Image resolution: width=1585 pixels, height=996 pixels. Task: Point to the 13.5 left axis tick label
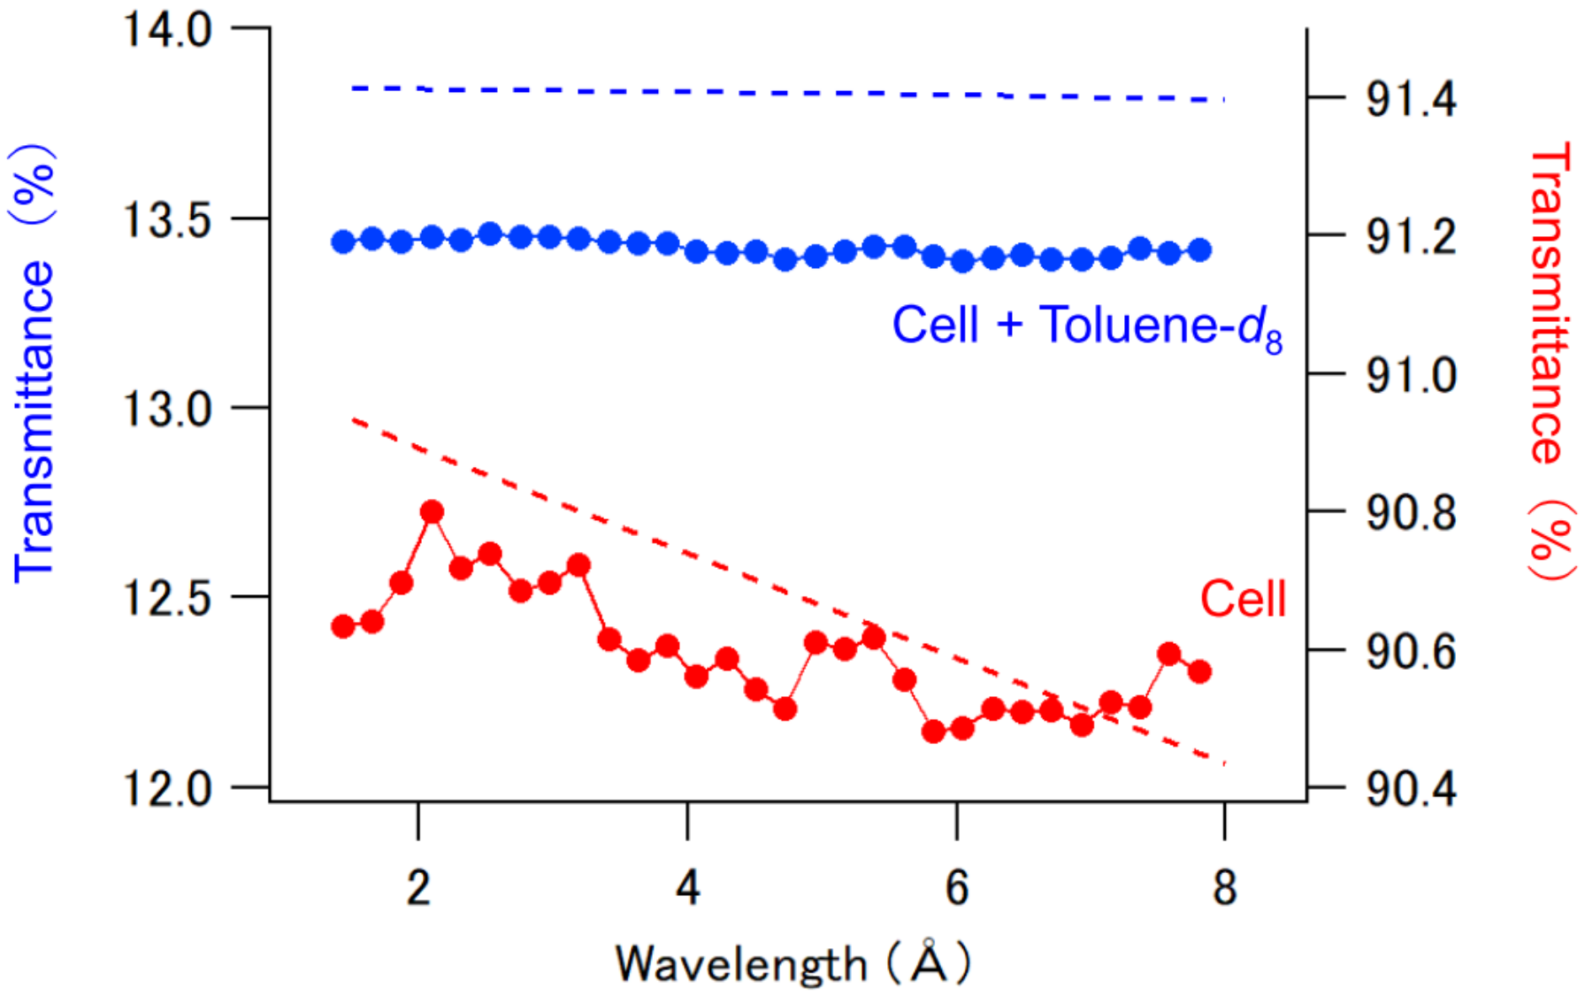pos(167,219)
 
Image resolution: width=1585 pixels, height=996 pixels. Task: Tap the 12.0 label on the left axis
pos(167,787)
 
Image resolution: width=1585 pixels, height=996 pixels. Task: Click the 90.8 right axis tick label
pos(1411,512)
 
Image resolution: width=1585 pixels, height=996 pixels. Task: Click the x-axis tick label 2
pos(418,886)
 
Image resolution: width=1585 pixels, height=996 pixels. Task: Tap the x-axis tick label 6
pos(956,886)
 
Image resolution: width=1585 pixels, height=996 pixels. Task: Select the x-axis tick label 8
pos(1224,886)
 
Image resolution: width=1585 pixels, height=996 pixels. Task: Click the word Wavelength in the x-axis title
pos(741,964)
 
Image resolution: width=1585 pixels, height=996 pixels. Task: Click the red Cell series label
pos(1242,599)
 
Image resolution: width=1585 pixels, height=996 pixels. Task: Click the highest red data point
pos(432,512)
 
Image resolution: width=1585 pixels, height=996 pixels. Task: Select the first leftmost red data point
pos(343,626)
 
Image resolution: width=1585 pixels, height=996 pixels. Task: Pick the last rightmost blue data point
pos(1199,250)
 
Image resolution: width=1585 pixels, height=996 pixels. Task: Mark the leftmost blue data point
pos(343,241)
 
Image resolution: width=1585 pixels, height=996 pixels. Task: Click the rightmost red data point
pos(1199,671)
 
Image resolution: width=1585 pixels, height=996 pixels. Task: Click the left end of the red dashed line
pos(354,419)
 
